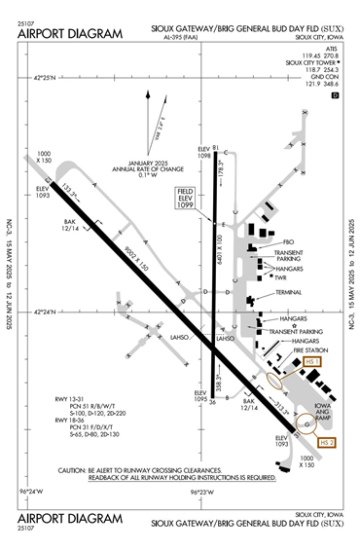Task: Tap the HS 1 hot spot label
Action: pos(313,361)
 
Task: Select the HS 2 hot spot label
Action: pos(327,443)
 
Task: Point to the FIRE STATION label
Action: pos(292,350)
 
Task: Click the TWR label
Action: pos(279,277)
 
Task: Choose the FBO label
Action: pos(288,240)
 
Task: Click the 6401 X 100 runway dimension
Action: pos(221,251)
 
